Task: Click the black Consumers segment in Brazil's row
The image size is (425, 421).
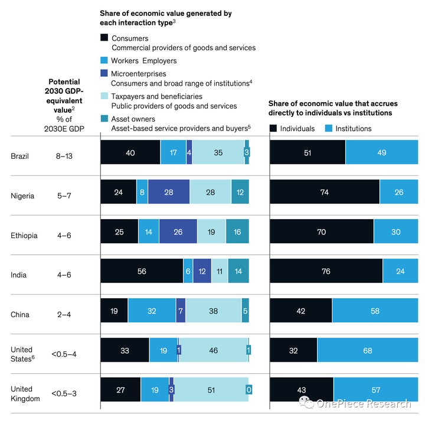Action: pyautogui.click(x=130, y=152)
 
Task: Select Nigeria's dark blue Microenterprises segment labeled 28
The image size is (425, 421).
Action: pyautogui.click(x=169, y=192)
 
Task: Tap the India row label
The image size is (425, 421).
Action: pyautogui.click(x=18, y=275)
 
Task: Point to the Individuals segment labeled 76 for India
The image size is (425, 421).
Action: pyautogui.click(x=326, y=270)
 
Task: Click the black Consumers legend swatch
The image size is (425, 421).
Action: pyautogui.click(x=104, y=38)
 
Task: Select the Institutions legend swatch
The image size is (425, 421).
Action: pyautogui.click(x=330, y=128)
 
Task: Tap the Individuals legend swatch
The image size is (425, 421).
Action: pyautogui.click(x=273, y=128)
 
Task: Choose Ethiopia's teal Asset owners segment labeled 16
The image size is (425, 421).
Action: pyautogui.click(x=237, y=231)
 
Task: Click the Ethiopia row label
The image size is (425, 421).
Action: pyautogui.click(x=24, y=235)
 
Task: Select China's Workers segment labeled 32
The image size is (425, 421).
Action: pyautogui.click(x=152, y=311)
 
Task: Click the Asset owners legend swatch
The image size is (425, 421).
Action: pyautogui.click(x=104, y=118)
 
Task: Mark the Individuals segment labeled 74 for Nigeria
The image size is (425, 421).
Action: pyautogui.click(x=325, y=192)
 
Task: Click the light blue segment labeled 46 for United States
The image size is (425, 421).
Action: pyautogui.click(x=212, y=350)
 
